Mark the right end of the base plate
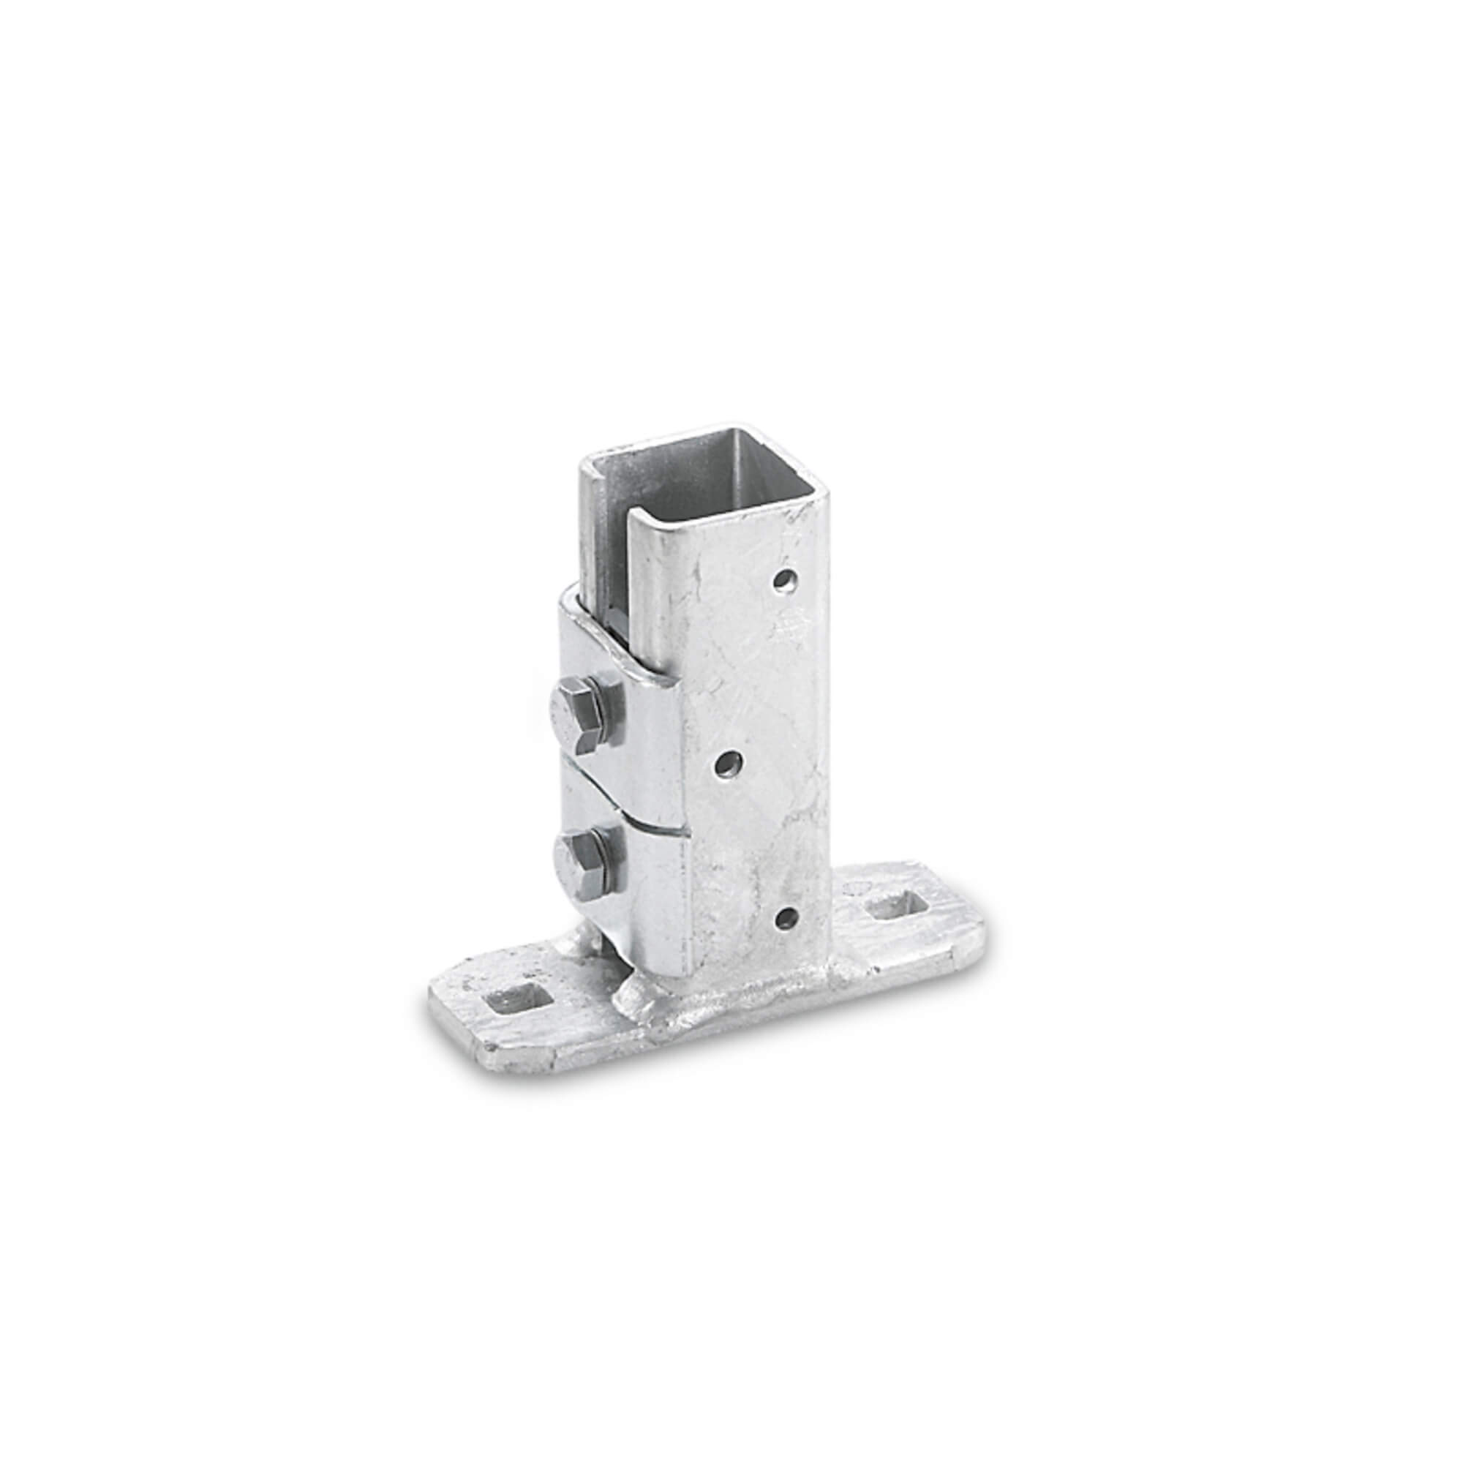point(977,939)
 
